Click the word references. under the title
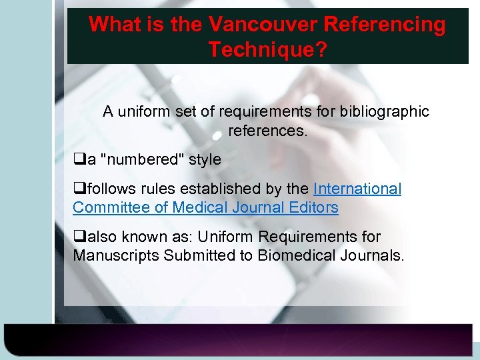(x=268, y=130)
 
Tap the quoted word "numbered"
(x=137, y=160)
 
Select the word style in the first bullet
(x=204, y=160)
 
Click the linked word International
(x=357, y=189)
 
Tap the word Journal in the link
(x=256, y=207)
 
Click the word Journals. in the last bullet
(x=370, y=255)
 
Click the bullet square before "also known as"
(x=78, y=237)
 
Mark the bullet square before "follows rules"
(x=78, y=189)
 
